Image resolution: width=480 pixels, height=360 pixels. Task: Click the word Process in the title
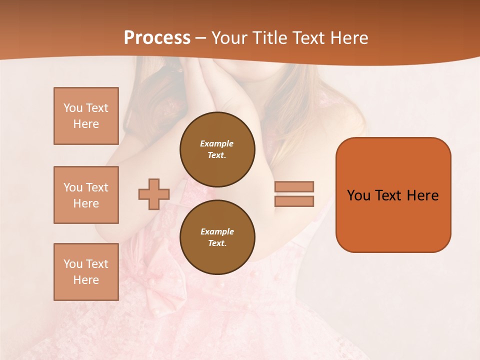tap(157, 37)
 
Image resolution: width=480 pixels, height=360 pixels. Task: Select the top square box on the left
tap(86, 116)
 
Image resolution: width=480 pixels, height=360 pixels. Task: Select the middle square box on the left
tap(86, 195)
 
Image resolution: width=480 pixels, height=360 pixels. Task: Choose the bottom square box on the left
tap(86, 272)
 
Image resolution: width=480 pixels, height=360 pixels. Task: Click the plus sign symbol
tap(154, 194)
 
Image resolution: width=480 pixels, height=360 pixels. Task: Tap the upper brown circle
tap(217, 149)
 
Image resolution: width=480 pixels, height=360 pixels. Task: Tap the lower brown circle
tap(217, 237)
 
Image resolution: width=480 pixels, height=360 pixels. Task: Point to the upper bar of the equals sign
tap(294, 186)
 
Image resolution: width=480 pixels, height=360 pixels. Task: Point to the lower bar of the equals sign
tap(294, 201)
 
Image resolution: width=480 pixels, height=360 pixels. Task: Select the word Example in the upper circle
tap(217, 143)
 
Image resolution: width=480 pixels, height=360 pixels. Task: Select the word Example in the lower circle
tap(217, 231)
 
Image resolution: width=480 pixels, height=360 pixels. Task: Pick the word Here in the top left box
tap(86, 124)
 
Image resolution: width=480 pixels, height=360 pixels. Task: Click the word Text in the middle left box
tap(96, 187)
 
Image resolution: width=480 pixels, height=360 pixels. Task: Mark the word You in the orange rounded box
tap(358, 195)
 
